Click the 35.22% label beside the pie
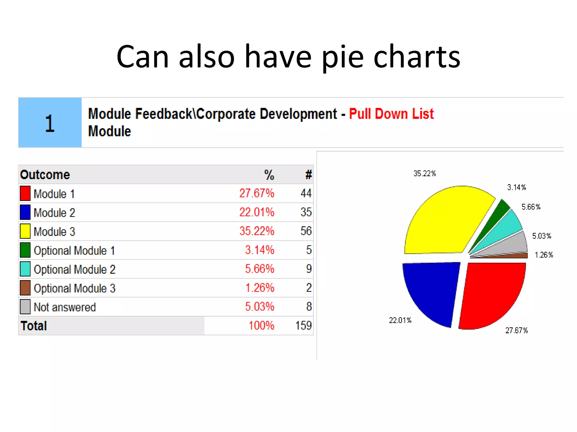tap(425, 174)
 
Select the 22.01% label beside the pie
tap(400, 320)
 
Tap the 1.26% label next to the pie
tap(544, 255)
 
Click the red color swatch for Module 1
tap(25, 193)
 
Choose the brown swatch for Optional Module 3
tap(25, 288)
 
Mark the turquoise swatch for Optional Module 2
tap(25, 269)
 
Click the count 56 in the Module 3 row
tap(306, 231)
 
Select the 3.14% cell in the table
tap(259, 250)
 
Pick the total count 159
tap(303, 325)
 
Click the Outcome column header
tap(45, 175)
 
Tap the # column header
tap(309, 175)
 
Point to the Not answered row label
tap(65, 307)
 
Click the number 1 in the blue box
tap(50, 123)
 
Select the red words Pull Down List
tap(391, 114)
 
